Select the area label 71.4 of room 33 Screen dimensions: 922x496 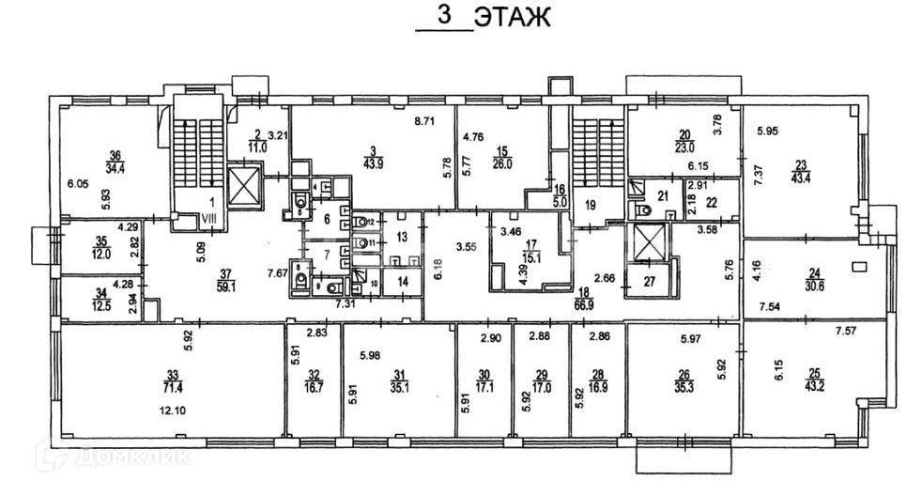click(171, 387)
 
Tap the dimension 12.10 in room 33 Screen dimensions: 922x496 click(175, 411)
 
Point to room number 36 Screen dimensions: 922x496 click(115, 156)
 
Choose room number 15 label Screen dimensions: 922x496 click(502, 150)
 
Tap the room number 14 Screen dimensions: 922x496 click(401, 281)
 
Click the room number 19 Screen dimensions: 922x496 click(590, 204)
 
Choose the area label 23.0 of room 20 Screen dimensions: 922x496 click(684, 147)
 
